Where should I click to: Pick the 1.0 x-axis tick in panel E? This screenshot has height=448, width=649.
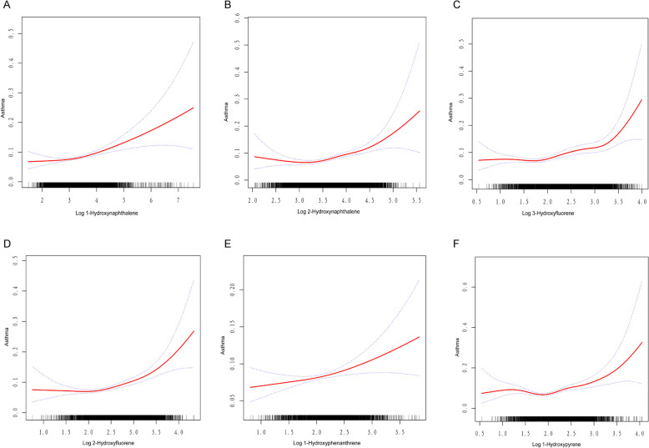click(x=261, y=434)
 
